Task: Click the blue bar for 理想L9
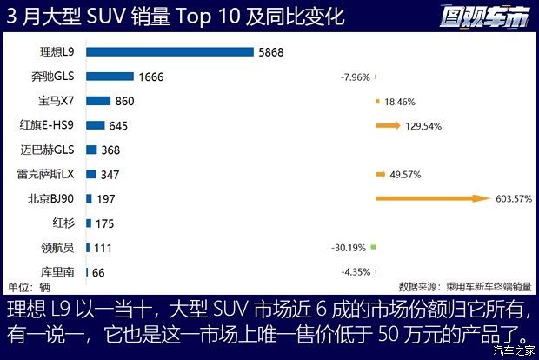coord(170,52)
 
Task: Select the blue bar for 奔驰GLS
coord(110,77)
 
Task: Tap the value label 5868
coord(270,52)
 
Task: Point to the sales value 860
coord(124,101)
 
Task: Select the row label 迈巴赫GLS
coord(57,150)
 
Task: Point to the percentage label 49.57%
coord(405,174)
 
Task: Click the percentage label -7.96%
coord(356,77)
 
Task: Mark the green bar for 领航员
coord(372,248)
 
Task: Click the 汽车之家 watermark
coord(513,350)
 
